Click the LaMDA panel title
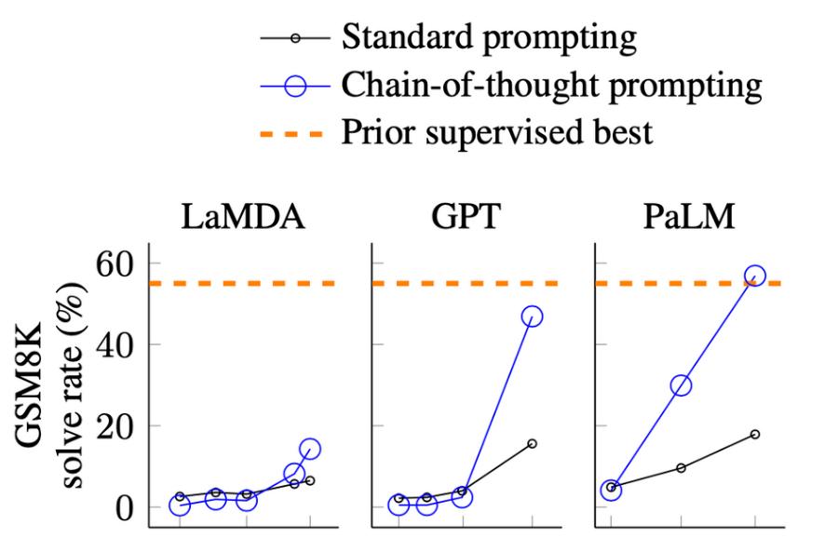click(243, 218)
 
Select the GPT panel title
click(466, 218)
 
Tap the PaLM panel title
click(689, 218)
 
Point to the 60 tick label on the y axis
click(114, 264)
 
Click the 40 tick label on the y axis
click(114, 345)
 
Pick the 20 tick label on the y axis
click(114, 426)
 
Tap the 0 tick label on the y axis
click(124, 508)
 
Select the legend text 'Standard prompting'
click(489, 38)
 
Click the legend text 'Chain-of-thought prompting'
click(552, 86)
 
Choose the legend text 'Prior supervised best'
click(497, 132)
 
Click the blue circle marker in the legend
click(295, 86)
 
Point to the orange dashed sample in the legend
click(291, 133)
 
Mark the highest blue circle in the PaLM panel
click(754, 276)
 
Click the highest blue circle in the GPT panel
click(532, 316)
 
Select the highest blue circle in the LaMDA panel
click(310, 450)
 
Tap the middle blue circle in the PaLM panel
click(681, 384)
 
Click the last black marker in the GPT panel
click(532, 443)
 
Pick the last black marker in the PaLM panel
click(754, 435)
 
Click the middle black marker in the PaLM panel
click(681, 467)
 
